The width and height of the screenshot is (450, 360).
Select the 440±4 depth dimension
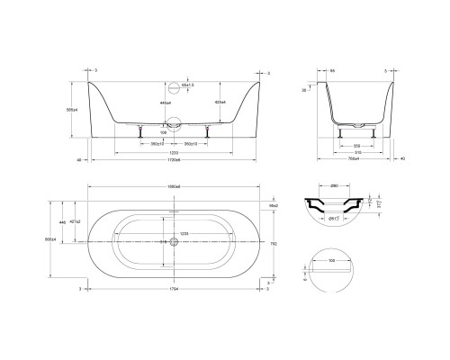164,104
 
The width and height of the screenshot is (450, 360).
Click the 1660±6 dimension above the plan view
175,184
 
